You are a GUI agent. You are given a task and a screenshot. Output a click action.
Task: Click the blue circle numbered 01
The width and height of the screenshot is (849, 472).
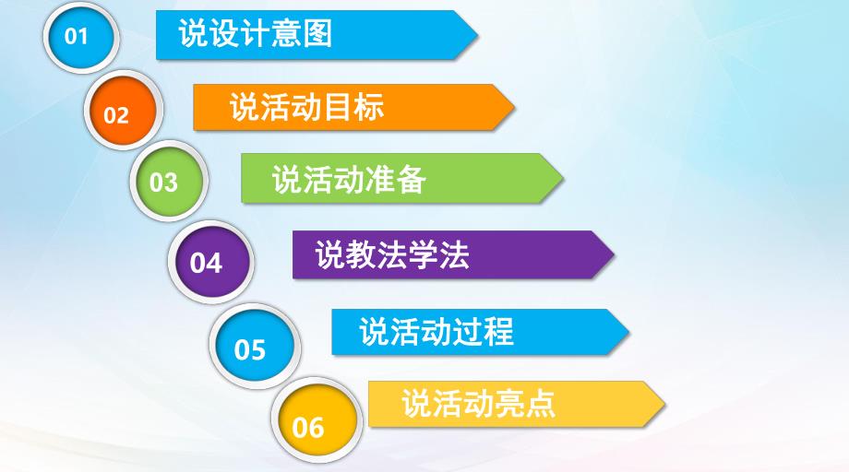click(79, 37)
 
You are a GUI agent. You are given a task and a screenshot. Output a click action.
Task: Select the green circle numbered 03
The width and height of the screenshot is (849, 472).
click(167, 181)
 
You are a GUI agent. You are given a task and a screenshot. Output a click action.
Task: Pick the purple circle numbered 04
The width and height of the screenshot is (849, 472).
click(208, 261)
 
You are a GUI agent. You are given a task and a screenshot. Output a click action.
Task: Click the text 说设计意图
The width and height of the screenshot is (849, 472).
click(256, 34)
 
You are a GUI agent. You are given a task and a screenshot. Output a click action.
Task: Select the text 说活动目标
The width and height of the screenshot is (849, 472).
click(306, 107)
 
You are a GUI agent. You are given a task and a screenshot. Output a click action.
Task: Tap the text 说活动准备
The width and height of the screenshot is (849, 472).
click(349, 179)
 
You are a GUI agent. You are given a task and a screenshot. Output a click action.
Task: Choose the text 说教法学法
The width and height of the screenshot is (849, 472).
click(392, 254)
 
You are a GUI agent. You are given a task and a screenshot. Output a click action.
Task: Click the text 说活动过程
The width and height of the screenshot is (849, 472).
click(436, 331)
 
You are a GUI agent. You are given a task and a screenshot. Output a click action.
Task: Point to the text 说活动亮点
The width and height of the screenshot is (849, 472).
click(479, 404)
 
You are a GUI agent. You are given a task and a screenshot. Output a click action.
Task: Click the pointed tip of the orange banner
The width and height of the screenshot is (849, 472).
click(512, 108)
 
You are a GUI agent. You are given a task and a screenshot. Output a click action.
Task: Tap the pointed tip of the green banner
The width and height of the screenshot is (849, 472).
click(561, 179)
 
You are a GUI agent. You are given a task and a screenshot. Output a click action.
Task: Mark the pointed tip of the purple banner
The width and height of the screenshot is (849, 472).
click(612, 254)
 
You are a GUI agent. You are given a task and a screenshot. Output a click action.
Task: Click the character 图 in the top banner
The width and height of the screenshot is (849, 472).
click(317, 34)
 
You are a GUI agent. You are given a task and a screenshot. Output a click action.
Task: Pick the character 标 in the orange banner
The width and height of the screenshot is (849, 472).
click(368, 107)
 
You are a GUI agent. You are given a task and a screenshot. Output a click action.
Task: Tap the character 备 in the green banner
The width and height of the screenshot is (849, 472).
click(411, 179)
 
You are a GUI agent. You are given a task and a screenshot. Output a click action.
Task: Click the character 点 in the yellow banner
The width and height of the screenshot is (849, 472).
click(541, 404)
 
